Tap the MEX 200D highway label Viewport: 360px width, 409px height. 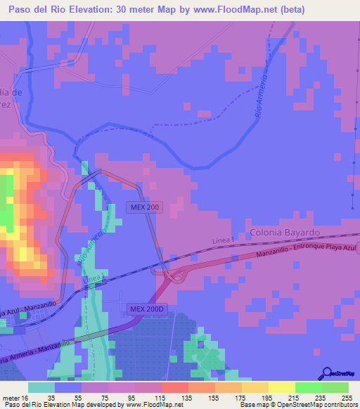tap(146, 309)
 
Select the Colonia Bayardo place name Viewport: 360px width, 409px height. tap(285, 232)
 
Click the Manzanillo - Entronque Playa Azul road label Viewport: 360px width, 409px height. tap(307, 252)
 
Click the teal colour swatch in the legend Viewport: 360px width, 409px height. tap(41, 387)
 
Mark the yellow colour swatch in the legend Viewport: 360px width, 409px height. tap(282, 387)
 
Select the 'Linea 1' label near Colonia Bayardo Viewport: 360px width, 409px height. tap(221, 242)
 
